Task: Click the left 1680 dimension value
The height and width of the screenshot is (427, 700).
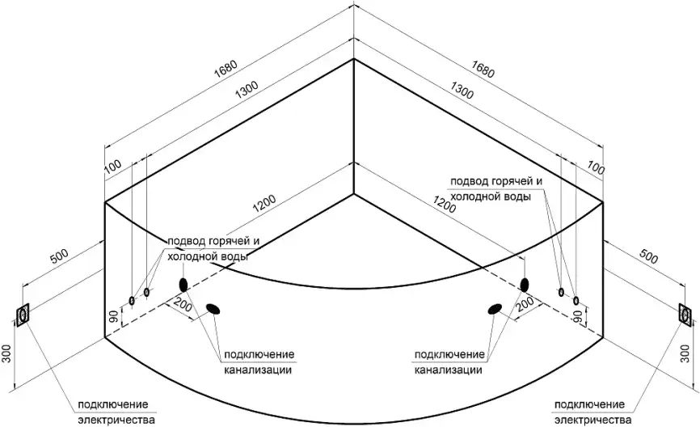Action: pyautogui.click(x=226, y=69)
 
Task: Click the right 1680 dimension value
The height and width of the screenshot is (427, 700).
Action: pyautogui.click(x=483, y=69)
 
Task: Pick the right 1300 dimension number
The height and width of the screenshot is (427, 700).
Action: pyautogui.click(x=462, y=90)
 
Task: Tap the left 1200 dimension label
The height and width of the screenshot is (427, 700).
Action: pyautogui.click(x=264, y=204)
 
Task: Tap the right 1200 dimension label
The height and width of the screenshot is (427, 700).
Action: pyautogui.click(x=445, y=204)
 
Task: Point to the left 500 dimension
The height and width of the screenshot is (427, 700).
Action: pyautogui.click(x=59, y=257)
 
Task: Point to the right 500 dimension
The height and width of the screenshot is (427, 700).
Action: pyautogui.click(x=648, y=256)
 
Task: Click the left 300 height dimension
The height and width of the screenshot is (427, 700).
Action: pyautogui.click(x=6, y=353)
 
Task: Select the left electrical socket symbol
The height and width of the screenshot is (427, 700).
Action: pyautogui.click(x=23, y=315)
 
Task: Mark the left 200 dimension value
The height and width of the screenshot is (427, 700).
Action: pyautogui.click(x=183, y=306)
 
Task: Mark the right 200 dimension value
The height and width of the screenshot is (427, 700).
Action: pyautogui.click(x=525, y=304)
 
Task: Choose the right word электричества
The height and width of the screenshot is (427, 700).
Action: pyautogui.click(x=593, y=420)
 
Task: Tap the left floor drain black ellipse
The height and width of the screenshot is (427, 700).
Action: pyautogui.click(x=213, y=309)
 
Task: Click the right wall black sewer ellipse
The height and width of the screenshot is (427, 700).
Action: pyautogui.click(x=525, y=284)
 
